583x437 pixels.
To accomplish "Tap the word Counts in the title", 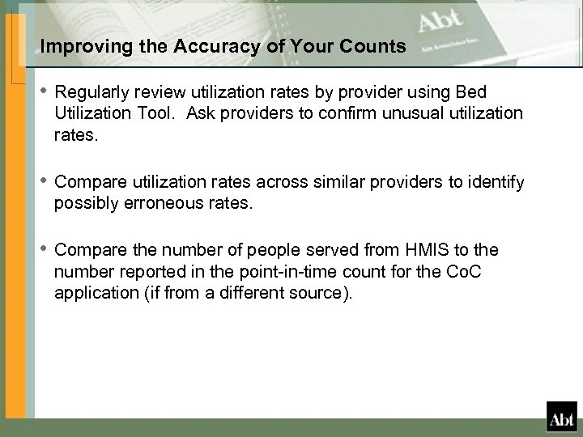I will [373, 48].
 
